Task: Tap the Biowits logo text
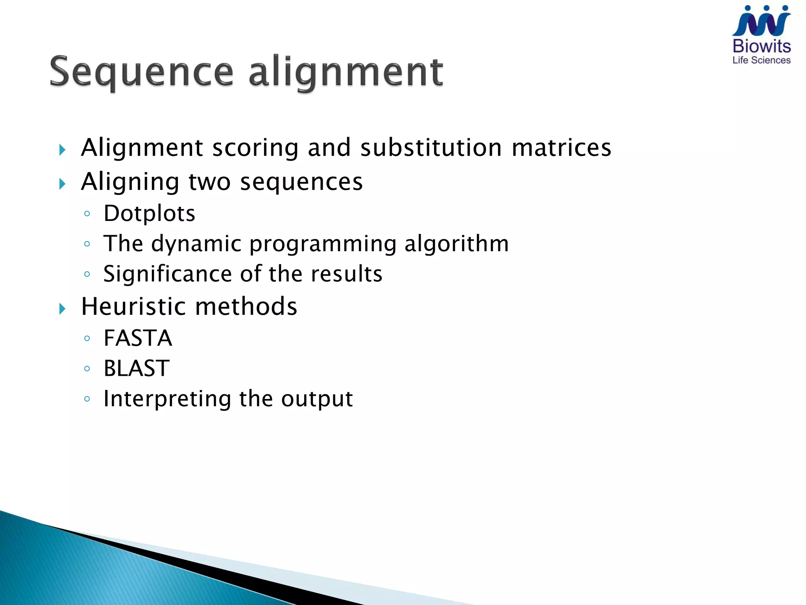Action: coord(762,46)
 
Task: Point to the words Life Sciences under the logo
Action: coord(762,60)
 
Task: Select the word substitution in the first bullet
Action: coord(431,148)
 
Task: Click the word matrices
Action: coord(562,148)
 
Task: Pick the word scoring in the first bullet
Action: coord(255,148)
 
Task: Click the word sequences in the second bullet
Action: coord(301,182)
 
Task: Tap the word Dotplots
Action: coord(149,214)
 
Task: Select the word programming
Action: coord(323,244)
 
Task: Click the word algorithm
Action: coord(457,243)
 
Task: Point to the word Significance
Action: coord(167,274)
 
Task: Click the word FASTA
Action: coord(138,338)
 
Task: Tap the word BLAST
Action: coord(137,368)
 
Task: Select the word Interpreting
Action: coord(167,399)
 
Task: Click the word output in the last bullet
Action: coord(317,399)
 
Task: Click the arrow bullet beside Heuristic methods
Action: coord(62,308)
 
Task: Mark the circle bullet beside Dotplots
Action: coord(87,214)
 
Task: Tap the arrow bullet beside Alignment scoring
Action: coord(62,150)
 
